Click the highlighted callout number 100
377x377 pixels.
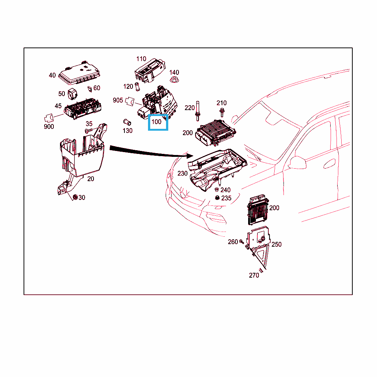[156, 122]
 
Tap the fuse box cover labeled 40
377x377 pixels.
[80, 73]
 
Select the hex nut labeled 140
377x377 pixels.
[174, 80]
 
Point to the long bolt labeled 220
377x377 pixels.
[198, 111]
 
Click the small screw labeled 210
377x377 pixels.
[222, 113]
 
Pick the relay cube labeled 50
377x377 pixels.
[73, 94]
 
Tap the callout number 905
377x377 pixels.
[118, 100]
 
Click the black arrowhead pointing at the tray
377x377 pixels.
[189, 156]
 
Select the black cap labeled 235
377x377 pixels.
[217, 198]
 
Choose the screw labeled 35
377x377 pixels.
[89, 131]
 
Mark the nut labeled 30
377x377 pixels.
[75, 197]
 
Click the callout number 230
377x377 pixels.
[183, 173]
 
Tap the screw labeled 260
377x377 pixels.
[242, 242]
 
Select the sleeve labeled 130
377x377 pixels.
[127, 122]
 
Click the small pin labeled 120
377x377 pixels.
[138, 87]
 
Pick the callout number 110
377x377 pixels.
[141, 59]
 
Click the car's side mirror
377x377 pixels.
[297, 162]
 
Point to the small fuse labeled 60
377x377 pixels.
[90, 89]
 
